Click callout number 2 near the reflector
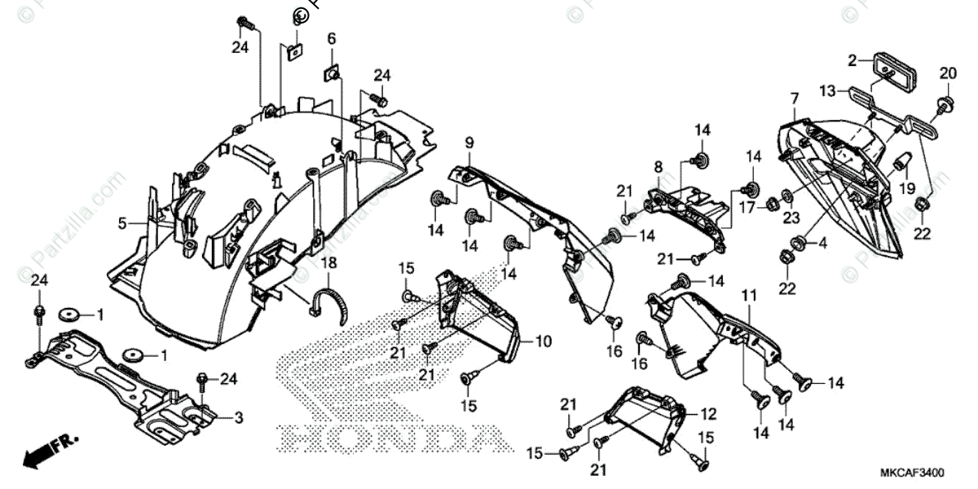[x=852, y=59]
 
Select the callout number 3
[x=239, y=418]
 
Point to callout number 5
[x=121, y=222]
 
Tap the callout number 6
[x=332, y=39]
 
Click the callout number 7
[x=794, y=99]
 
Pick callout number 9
[x=469, y=143]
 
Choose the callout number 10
[x=544, y=341]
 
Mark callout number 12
[x=708, y=413]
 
